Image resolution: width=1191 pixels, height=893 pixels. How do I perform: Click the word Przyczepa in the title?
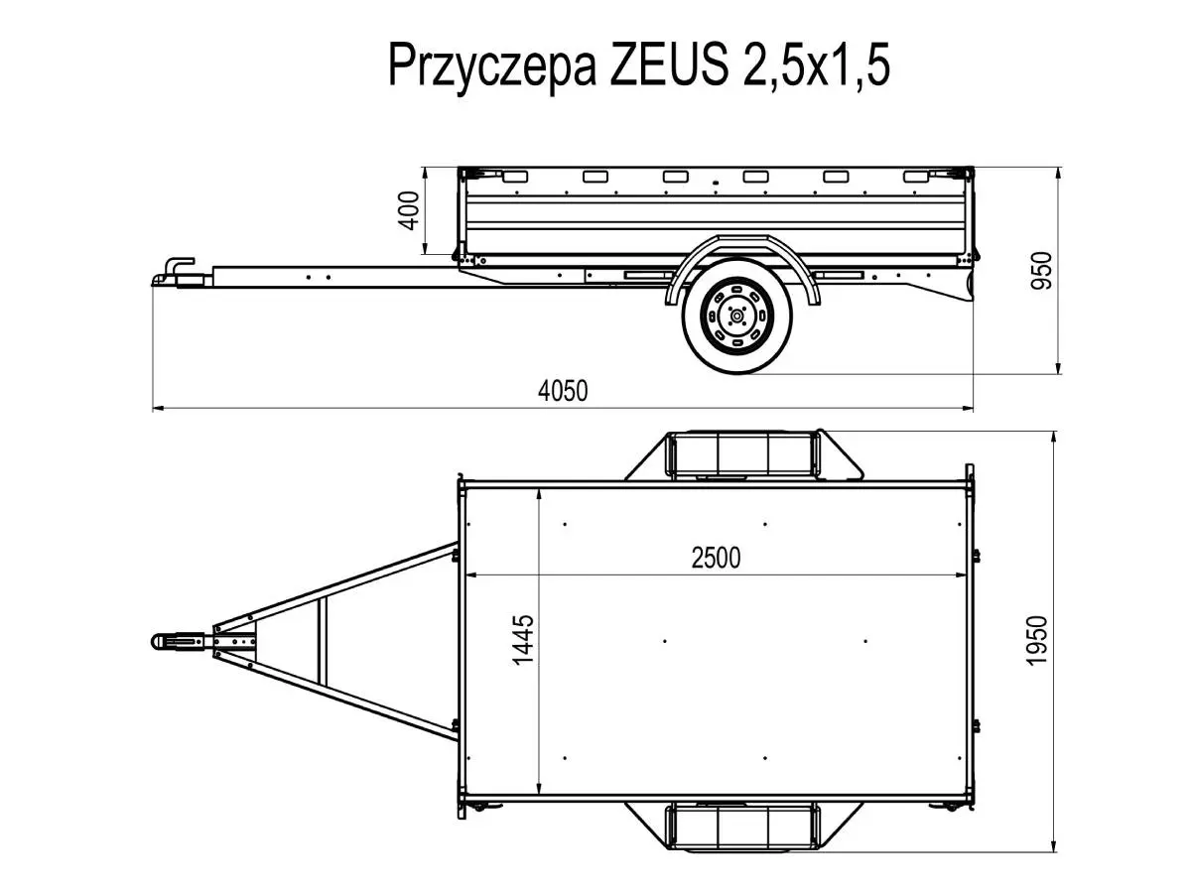coord(491,66)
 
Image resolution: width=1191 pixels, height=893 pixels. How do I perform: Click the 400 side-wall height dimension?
coord(409,211)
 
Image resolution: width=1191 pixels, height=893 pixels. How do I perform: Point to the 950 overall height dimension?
coord(1040,271)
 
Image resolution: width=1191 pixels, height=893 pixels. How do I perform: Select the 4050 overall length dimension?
coord(563,391)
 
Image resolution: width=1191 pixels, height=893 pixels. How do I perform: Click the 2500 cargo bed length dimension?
coord(716,558)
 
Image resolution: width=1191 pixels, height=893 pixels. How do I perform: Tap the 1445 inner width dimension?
coord(523,640)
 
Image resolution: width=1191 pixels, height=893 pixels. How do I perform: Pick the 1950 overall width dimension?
coord(1036,641)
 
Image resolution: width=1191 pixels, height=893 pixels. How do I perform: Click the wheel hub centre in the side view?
coord(736,315)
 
